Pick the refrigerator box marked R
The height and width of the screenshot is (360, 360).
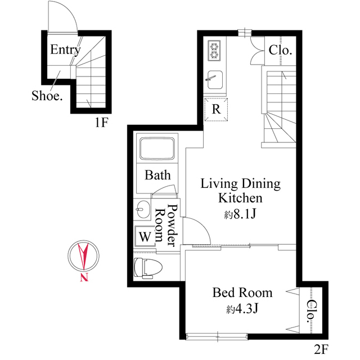point(216,110)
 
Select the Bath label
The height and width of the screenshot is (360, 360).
point(157,175)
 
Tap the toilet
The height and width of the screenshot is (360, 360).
point(148,268)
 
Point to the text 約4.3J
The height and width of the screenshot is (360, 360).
point(242,309)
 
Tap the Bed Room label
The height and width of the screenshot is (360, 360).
point(242,292)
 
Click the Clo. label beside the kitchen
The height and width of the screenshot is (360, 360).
point(280,50)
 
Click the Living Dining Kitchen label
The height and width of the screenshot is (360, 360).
point(241,191)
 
